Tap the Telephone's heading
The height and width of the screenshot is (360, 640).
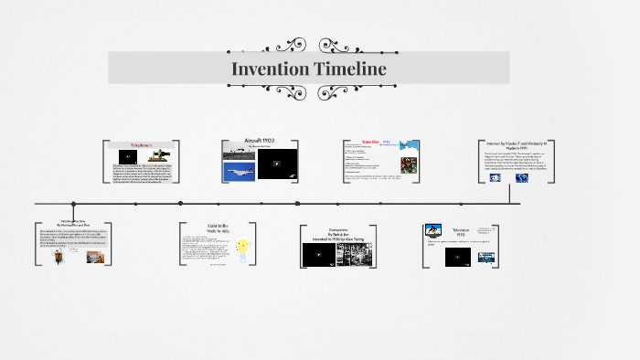tap(143, 145)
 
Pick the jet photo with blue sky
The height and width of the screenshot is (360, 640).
tap(240, 173)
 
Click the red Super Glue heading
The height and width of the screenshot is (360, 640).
tap(371, 143)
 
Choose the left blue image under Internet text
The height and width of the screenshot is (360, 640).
tap(496, 178)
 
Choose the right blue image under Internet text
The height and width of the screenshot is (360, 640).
tap(522, 178)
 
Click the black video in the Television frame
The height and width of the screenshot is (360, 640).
tap(458, 257)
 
